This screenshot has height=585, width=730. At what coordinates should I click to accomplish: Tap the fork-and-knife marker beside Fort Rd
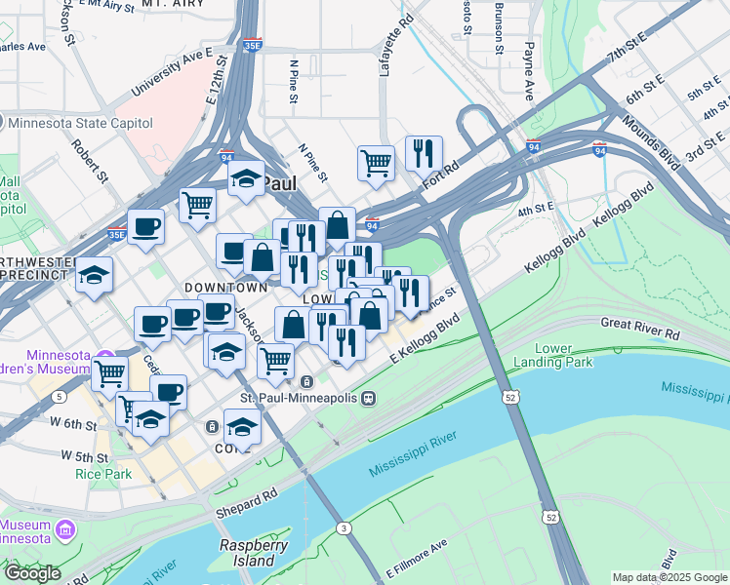[424, 152]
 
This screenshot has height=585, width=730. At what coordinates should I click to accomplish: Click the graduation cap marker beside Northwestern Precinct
[95, 274]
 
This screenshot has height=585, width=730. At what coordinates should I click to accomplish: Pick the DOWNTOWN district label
[225, 289]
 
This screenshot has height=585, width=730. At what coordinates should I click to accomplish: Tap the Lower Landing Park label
[563, 355]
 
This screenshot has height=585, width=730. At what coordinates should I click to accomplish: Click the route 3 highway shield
[344, 527]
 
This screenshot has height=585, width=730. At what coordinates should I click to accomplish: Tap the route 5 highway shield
[61, 397]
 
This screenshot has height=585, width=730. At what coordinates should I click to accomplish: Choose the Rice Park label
[97, 474]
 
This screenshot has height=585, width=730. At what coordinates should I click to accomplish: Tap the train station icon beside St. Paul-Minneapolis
[369, 398]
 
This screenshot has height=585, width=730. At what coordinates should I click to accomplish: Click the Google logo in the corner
[31, 573]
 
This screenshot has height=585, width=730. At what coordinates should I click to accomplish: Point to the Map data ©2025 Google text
[669, 577]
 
